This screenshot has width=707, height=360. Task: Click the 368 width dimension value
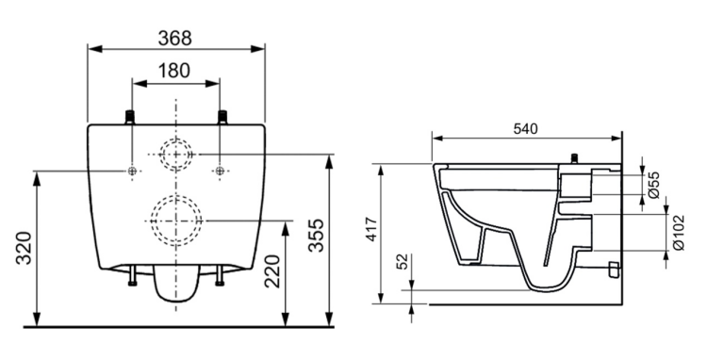point(175,38)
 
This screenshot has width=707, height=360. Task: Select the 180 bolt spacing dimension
point(174,71)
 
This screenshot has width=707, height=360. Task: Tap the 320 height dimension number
point(25,248)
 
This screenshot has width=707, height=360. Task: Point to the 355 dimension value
point(316,236)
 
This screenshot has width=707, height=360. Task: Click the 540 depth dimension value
point(526,129)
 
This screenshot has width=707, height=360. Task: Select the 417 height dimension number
point(370,229)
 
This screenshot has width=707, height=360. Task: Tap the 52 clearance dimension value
point(403,261)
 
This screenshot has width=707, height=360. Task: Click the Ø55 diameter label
point(654,185)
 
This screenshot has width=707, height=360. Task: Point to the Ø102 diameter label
point(678,233)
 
